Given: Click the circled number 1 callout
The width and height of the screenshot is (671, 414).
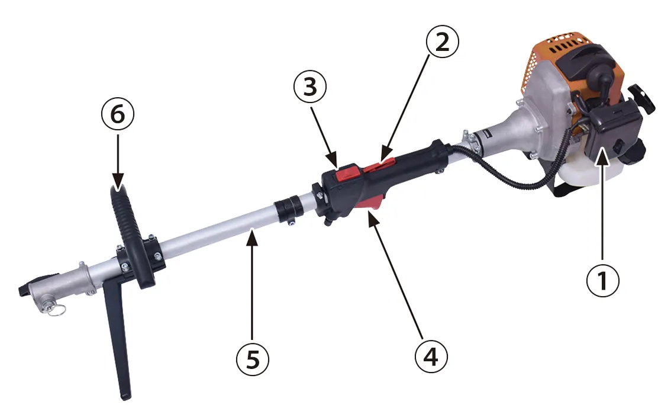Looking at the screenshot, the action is coord(602,280).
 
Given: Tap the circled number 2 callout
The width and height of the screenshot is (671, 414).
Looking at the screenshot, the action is coord(442,42).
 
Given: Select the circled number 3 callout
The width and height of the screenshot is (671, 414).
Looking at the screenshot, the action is coord(310,86).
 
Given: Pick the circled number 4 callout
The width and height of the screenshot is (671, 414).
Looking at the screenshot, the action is coord(431,356).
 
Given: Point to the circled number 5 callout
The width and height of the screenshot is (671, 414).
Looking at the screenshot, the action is coord(253,359).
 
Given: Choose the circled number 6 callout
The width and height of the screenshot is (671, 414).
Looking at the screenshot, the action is coord(118,114).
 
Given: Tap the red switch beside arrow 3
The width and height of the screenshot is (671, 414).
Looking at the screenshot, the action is coord(348,173).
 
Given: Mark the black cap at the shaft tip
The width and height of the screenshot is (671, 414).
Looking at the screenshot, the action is coord(25,289).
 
